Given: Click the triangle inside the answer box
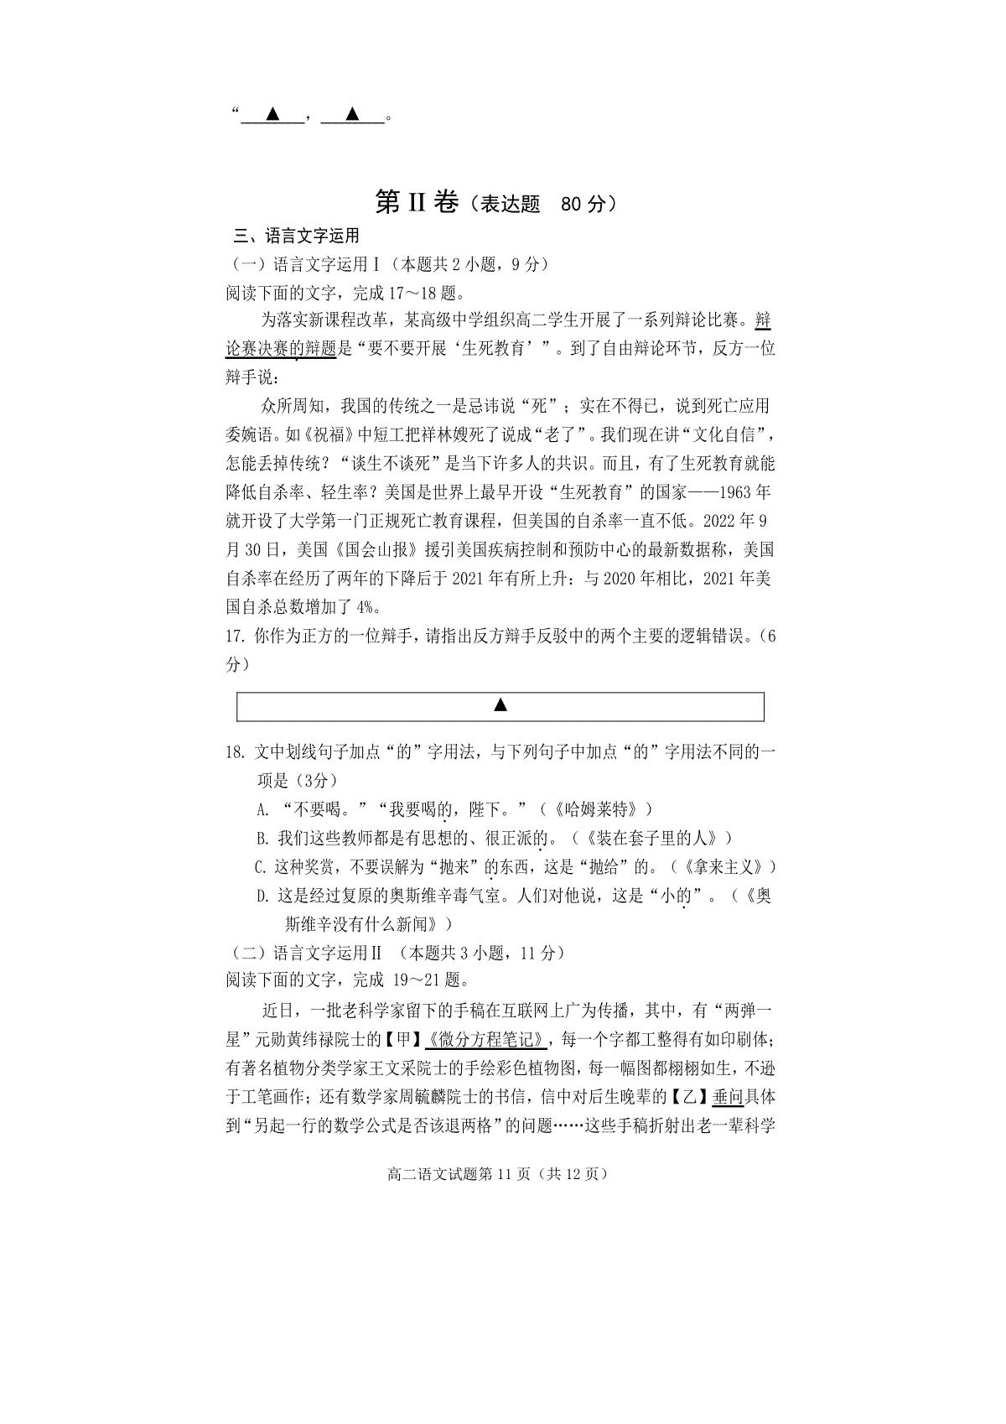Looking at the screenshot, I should click(x=500, y=705).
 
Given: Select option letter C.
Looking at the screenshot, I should click(x=261, y=866).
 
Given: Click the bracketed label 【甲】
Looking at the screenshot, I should click(x=403, y=1040).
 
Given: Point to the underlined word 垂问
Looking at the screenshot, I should click(x=728, y=1097).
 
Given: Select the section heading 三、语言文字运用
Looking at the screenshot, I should click(x=296, y=236).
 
